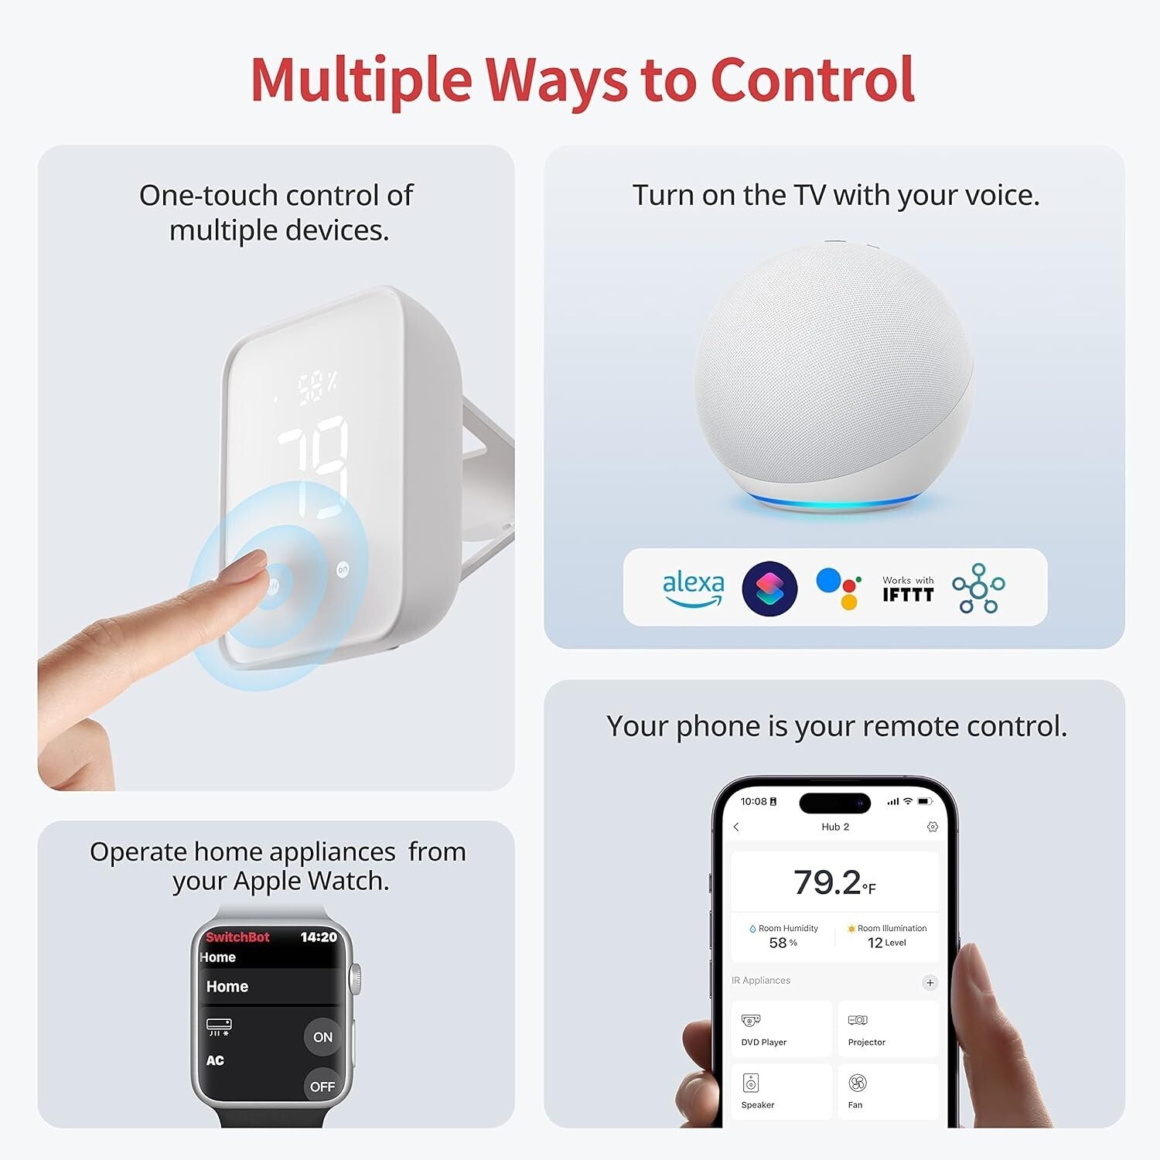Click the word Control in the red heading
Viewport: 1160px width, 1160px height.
[812, 80]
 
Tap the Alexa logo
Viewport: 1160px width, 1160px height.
[693, 589]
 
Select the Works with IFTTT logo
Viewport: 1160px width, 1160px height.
[908, 589]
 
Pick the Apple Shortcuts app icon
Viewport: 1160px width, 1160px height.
[769, 589]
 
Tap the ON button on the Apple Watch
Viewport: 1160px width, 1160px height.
[322, 1037]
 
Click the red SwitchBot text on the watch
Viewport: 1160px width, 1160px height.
[237, 937]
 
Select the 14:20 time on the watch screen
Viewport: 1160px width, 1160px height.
[319, 937]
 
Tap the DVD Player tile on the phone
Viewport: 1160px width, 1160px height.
[781, 1029]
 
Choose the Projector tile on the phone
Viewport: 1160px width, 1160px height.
[888, 1029]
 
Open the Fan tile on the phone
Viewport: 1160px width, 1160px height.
[888, 1091]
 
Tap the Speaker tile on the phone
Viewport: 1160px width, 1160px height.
[781, 1091]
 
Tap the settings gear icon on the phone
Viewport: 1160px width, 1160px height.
[933, 827]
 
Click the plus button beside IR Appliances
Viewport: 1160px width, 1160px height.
[930, 983]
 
